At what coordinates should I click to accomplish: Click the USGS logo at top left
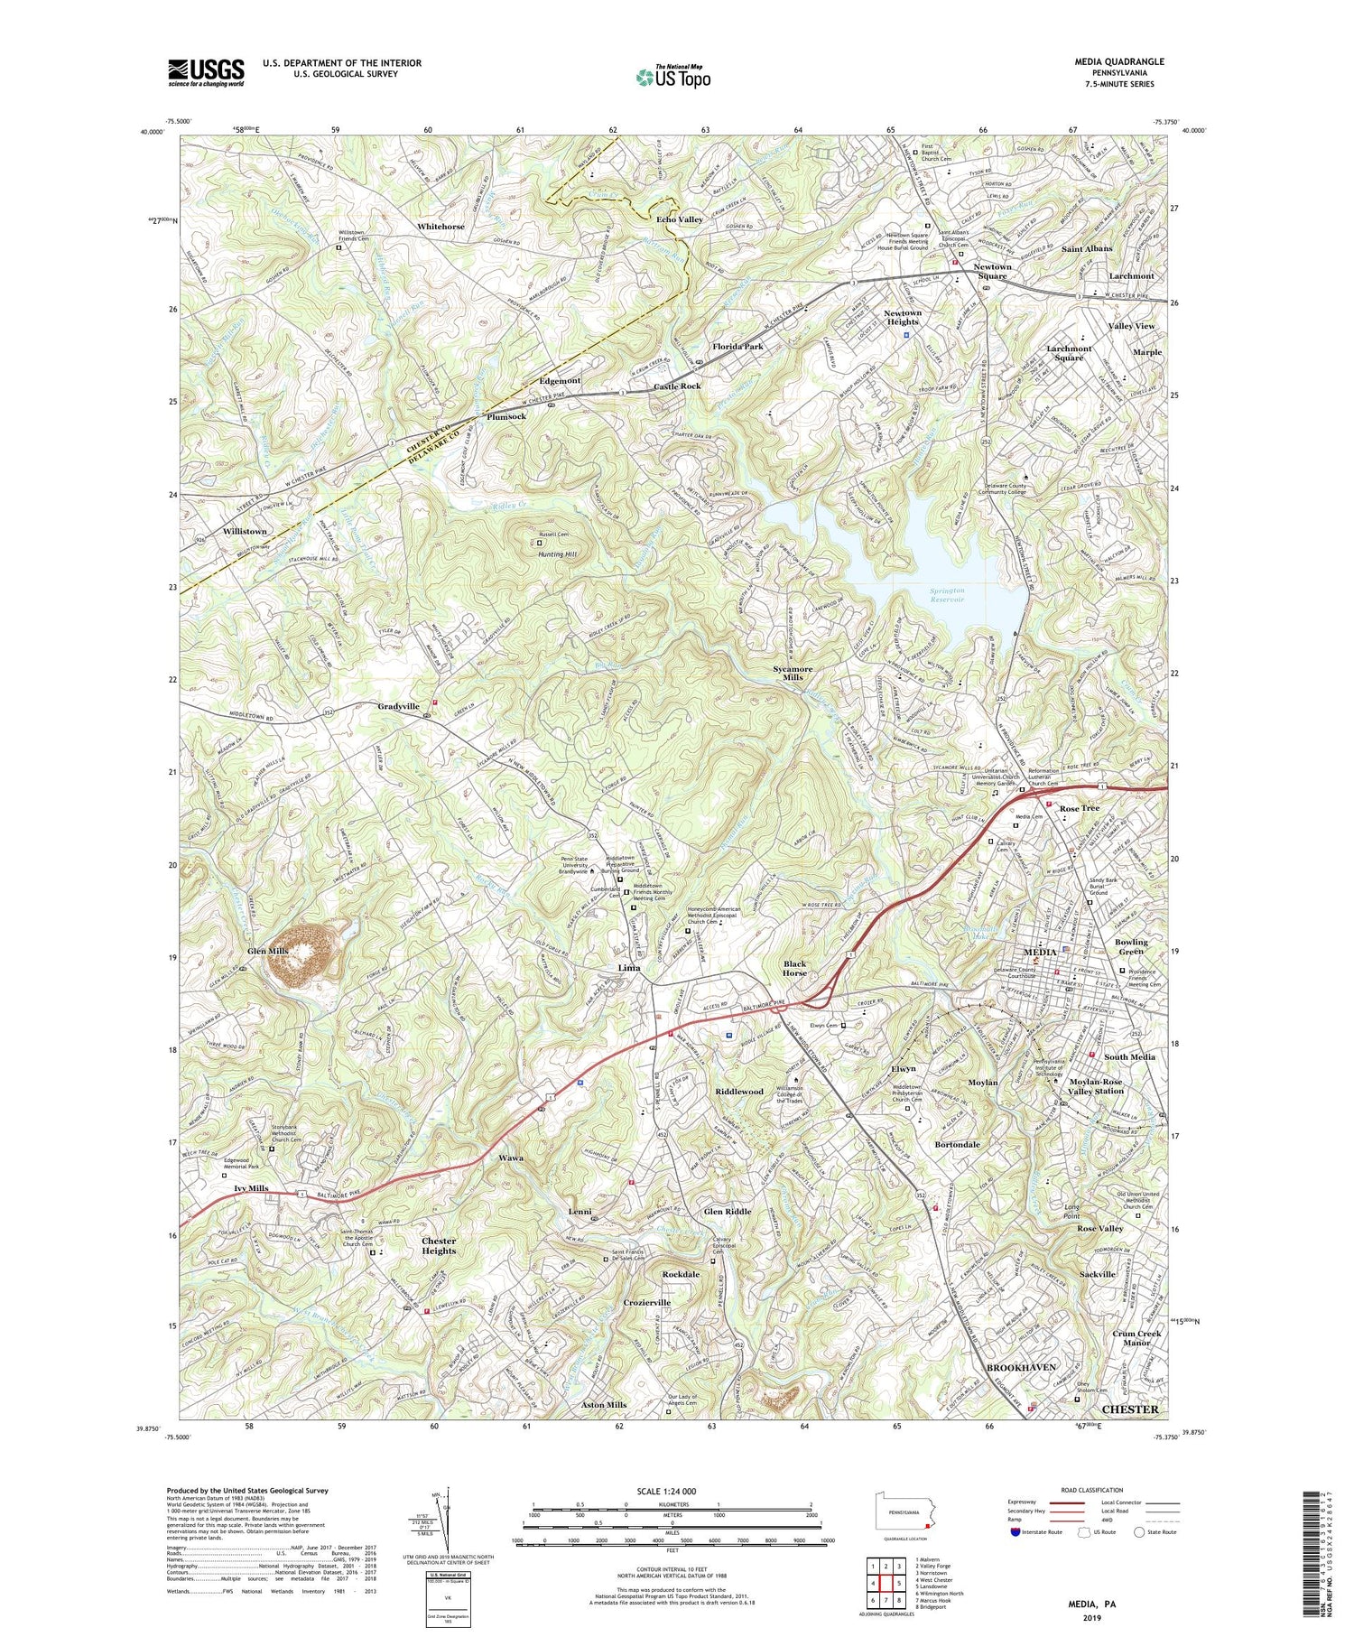tap(206, 72)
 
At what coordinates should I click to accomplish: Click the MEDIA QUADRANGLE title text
tap(1120, 61)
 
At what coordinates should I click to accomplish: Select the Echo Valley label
tap(680, 219)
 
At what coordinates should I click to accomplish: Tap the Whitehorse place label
tap(441, 227)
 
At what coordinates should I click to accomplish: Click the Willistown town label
tap(245, 531)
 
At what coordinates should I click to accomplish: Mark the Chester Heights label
tap(440, 1246)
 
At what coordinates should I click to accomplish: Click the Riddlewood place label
tap(739, 1092)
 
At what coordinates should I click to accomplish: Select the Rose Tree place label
tap(1079, 808)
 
